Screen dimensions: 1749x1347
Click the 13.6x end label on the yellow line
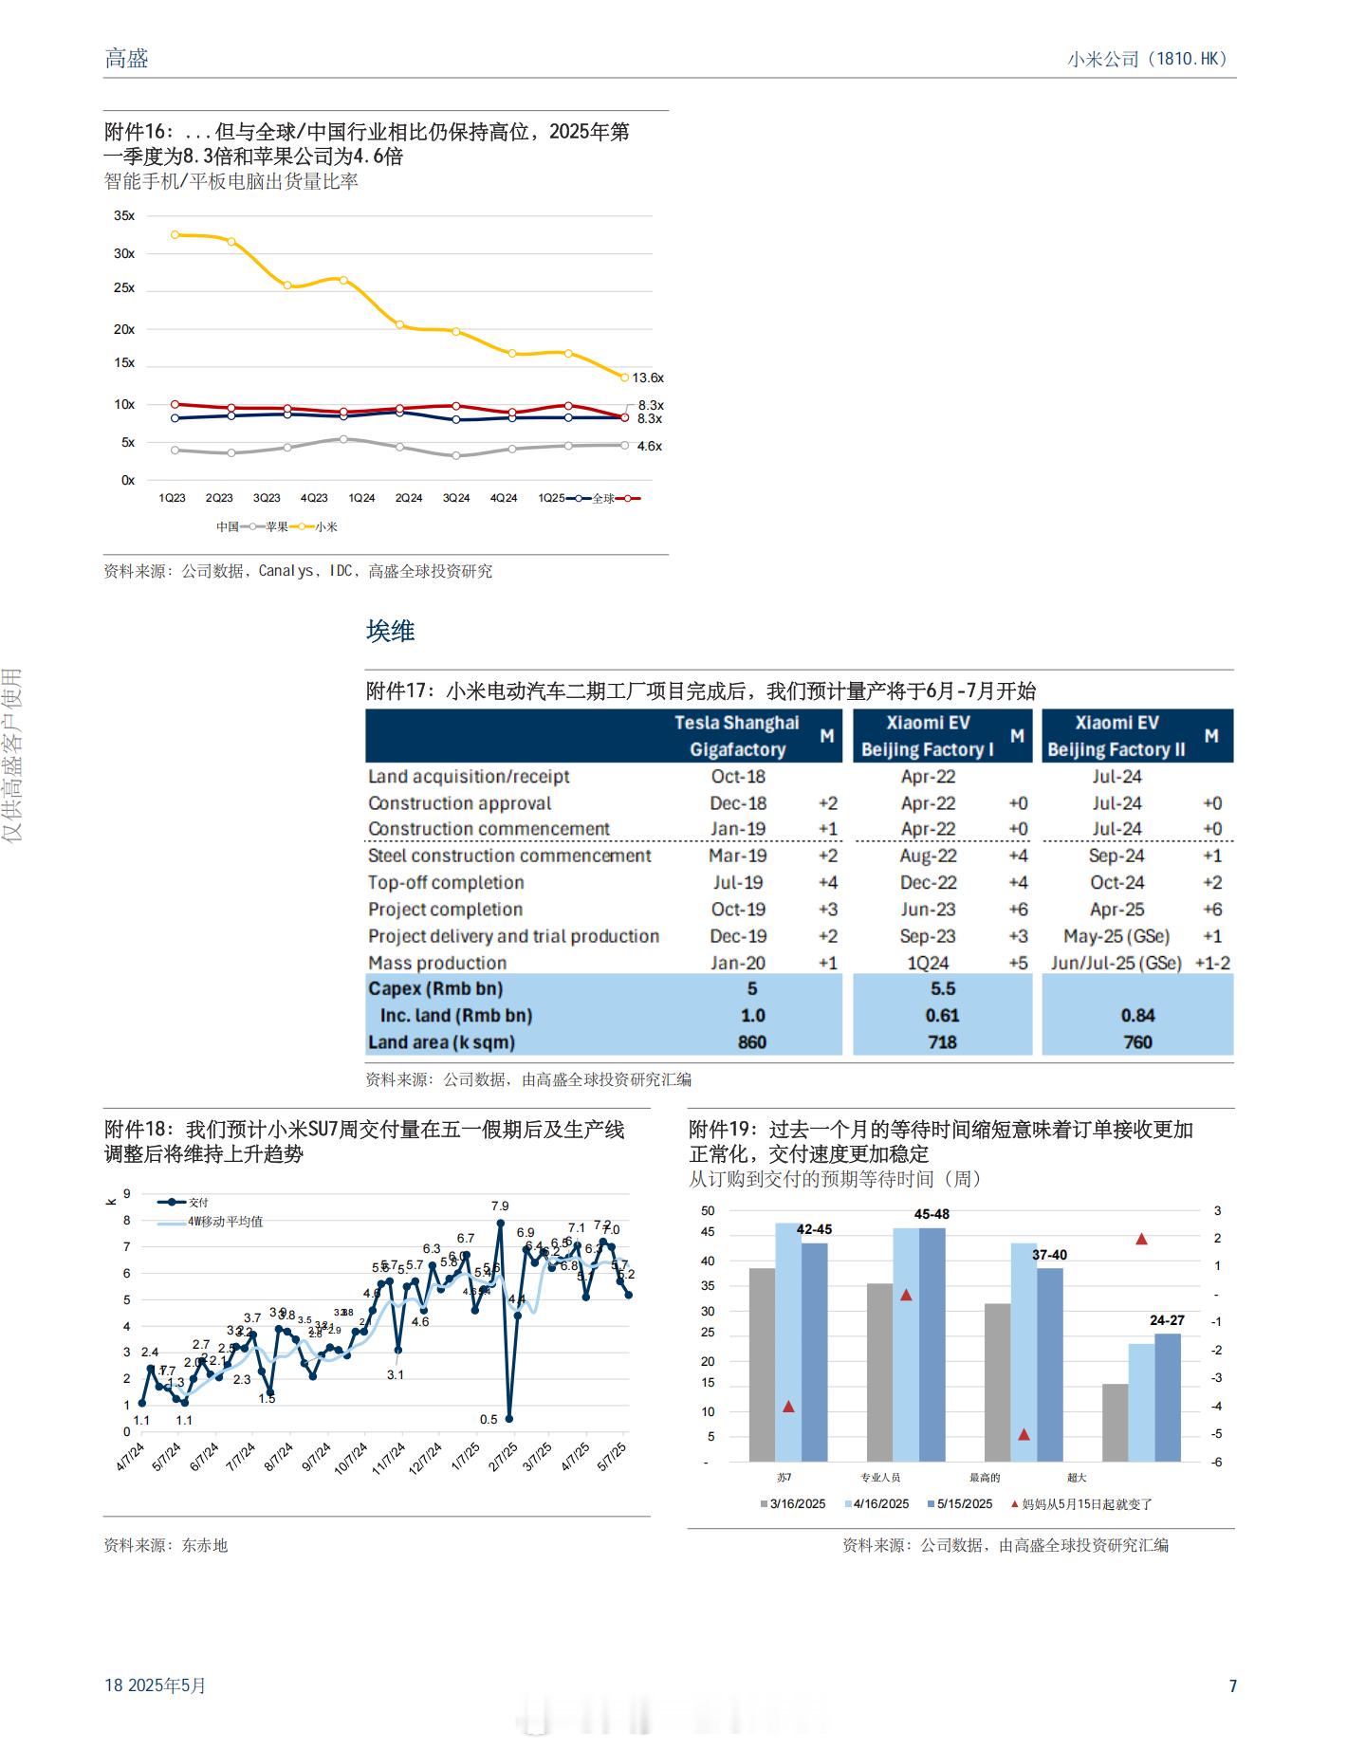[x=648, y=377]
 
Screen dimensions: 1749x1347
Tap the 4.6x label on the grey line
[x=649, y=446]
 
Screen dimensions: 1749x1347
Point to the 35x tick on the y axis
[x=124, y=215]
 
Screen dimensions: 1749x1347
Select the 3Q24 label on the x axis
[x=456, y=498]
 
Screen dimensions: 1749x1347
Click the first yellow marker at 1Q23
[x=175, y=234]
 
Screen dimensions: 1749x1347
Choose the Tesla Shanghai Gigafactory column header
[x=737, y=736]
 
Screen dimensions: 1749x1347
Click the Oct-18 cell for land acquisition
[x=738, y=776]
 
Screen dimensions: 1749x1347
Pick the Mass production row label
[x=437, y=963]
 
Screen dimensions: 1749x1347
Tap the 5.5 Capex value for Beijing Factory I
[x=942, y=988]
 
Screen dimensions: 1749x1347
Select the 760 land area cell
[x=1137, y=1042]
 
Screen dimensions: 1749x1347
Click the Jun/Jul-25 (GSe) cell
[x=1116, y=963]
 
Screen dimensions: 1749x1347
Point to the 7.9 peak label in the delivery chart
[x=500, y=1206]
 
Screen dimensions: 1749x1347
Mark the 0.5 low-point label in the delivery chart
[x=489, y=1420]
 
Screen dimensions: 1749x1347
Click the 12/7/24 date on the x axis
[x=425, y=1458]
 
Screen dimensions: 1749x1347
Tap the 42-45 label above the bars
[x=814, y=1229]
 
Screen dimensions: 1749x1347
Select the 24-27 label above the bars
[x=1167, y=1320]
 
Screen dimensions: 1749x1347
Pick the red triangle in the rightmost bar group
[x=1141, y=1239]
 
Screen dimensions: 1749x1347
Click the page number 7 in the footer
[x=1232, y=1685]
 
